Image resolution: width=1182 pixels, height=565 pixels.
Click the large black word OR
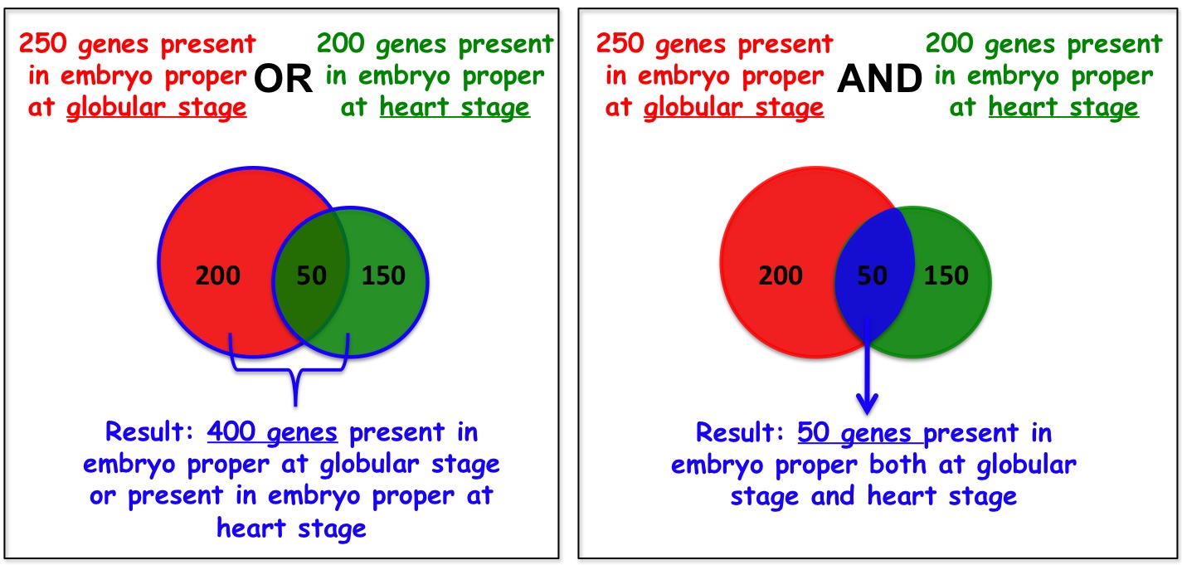(x=284, y=79)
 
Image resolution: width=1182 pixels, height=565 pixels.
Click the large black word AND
(x=879, y=79)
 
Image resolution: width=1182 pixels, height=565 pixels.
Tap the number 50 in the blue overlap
(x=873, y=275)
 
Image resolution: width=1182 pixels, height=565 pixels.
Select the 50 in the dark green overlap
(x=311, y=275)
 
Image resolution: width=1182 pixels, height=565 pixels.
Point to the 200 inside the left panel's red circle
(x=218, y=275)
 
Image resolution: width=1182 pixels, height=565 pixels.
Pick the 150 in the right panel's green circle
(x=946, y=275)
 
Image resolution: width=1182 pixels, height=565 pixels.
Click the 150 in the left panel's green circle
(x=383, y=275)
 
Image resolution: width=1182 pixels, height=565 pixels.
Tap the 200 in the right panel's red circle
(x=781, y=275)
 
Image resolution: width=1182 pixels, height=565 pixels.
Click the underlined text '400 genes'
(x=272, y=432)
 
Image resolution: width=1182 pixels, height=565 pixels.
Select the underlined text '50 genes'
(x=855, y=433)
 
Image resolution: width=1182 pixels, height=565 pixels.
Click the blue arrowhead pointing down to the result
(x=867, y=404)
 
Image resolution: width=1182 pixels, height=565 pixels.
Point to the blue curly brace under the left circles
(x=289, y=369)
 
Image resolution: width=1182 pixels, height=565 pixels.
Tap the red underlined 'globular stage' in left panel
(x=157, y=108)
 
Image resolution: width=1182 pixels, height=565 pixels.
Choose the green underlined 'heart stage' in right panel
(x=1063, y=107)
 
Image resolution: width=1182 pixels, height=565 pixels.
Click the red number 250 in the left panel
(x=43, y=43)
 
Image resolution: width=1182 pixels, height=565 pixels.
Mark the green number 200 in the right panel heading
(x=949, y=43)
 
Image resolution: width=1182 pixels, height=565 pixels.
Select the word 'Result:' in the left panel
(x=150, y=431)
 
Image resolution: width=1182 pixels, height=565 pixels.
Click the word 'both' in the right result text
(x=897, y=465)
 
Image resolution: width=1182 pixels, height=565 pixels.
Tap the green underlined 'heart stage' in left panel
(x=455, y=107)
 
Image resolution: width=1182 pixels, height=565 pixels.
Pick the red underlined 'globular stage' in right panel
(x=734, y=108)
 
